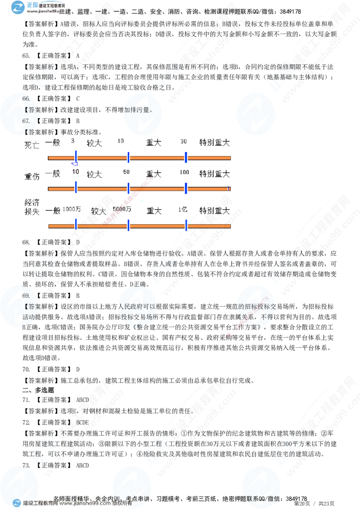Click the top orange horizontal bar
tap(139, 158)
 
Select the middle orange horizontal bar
tap(139, 189)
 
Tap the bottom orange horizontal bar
tap(139, 225)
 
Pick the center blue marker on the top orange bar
tap(128, 157)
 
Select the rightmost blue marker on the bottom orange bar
tap(186, 225)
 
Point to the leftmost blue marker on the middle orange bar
tap(76, 188)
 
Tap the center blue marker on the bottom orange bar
tap(128, 225)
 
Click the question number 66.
tap(26, 98)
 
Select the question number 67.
tap(26, 121)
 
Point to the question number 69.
tap(26, 295)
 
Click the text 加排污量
tap(138, 109)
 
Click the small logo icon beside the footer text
tap(17, 503)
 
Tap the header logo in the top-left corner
tap(18, 8)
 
